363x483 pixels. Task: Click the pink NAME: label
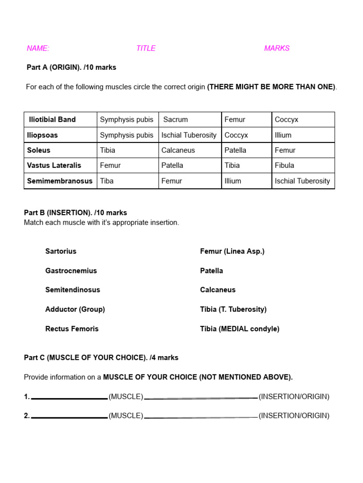(38, 48)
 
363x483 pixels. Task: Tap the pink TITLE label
(146, 48)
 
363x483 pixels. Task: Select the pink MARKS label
(277, 48)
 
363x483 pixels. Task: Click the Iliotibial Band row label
(52, 119)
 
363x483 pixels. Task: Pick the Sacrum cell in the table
(175, 119)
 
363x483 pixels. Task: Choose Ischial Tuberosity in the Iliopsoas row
(189, 135)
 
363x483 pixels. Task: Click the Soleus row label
(39, 150)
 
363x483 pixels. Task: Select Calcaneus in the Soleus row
(178, 150)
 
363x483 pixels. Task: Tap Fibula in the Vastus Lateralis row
(284, 165)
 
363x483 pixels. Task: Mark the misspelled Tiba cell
(107, 181)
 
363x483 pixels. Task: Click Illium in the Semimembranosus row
(233, 181)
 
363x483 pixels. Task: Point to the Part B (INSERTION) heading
(75, 213)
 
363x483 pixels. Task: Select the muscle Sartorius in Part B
(60, 251)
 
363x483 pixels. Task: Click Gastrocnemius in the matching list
(71, 271)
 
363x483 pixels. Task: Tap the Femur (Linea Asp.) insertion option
(232, 251)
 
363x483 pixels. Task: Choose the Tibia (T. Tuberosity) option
(233, 309)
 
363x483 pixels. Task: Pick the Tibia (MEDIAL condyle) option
(240, 329)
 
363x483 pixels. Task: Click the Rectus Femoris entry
(72, 329)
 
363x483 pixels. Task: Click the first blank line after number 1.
(69, 398)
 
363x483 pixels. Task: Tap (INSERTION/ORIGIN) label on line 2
(294, 416)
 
